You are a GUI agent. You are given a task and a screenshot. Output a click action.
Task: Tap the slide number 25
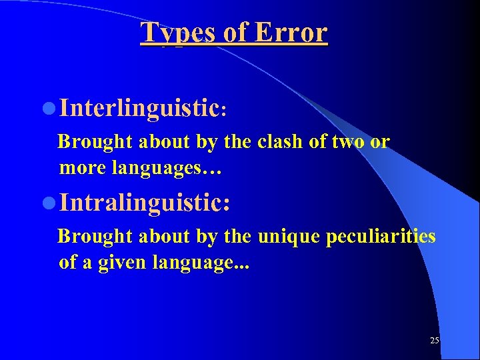coord(435,341)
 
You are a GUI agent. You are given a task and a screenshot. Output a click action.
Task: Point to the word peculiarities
coord(381,237)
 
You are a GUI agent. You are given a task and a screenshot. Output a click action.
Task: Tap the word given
coord(123,262)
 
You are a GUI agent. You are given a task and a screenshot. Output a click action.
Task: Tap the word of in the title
coord(235,32)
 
